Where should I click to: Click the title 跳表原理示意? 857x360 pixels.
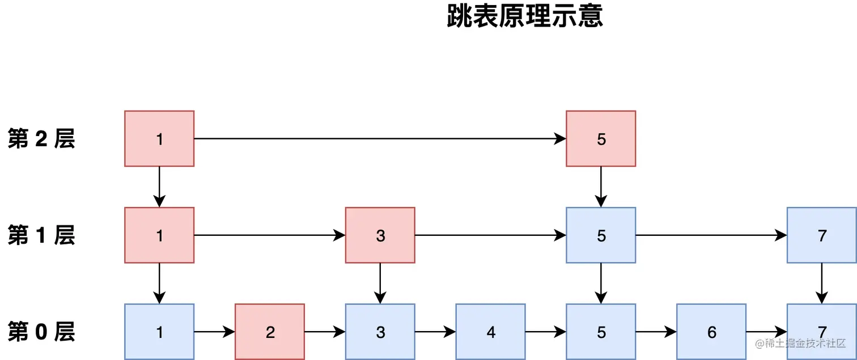[x=525, y=17]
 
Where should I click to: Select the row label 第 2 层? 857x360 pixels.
[x=41, y=139]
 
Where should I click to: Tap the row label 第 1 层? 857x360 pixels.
[x=41, y=235]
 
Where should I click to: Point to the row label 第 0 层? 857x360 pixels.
[x=41, y=332]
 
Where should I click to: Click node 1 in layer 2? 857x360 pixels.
[x=159, y=139]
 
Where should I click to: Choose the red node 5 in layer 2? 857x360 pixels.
[x=601, y=139]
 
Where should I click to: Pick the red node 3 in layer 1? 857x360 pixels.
[x=380, y=235]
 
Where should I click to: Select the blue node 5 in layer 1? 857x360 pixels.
[x=601, y=235]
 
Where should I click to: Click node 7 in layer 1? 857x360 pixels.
[x=821, y=235]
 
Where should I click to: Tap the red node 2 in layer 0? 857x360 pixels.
[x=270, y=332]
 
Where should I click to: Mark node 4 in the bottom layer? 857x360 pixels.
[x=491, y=332]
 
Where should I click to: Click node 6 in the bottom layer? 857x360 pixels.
[x=711, y=332]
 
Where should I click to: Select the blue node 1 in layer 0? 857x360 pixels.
[x=159, y=332]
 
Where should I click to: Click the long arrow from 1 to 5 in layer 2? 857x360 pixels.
[x=380, y=138]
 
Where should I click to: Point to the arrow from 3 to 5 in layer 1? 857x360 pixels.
[x=490, y=235]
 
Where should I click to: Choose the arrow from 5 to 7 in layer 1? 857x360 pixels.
[x=711, y=235]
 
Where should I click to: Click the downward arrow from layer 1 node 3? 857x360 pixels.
[x=380, y=283]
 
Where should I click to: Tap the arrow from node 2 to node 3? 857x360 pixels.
[x=325, y=332]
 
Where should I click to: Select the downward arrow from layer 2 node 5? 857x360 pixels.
[x=601, y=187]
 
